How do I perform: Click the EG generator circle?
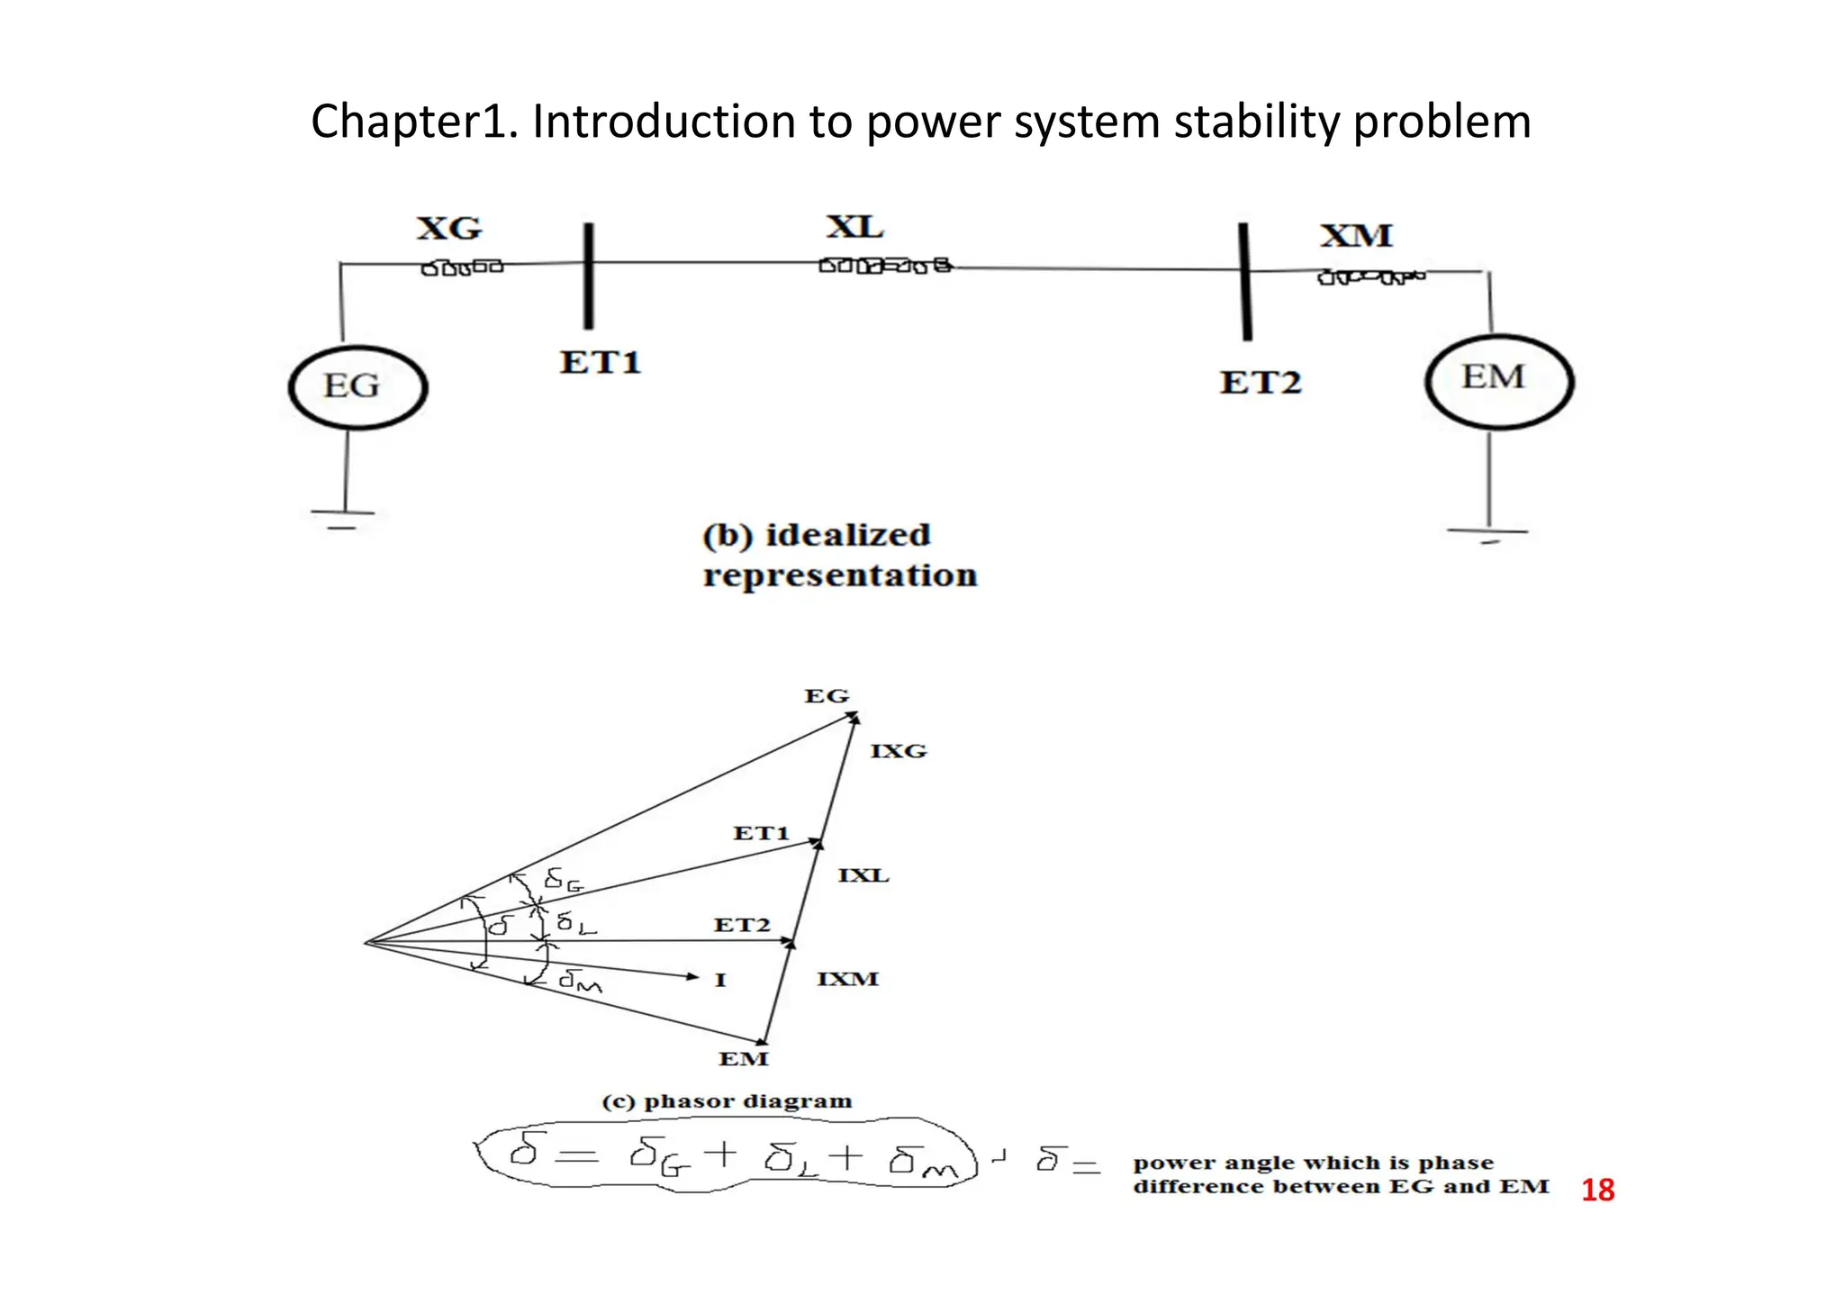pos(357,387)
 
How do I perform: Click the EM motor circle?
pos(1498,381)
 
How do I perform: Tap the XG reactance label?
pos(448,229)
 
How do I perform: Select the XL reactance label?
pos(854,227)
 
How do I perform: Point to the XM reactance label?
pos(1356,236)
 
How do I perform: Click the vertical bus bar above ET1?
pos(588,276)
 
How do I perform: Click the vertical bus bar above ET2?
pos(1244,281)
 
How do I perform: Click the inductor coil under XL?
pos(884,266)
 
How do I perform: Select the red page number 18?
pos(1597,1191)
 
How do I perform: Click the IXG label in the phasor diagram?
pos(898,751)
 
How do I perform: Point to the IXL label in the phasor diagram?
pos(863,875)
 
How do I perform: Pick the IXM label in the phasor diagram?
pos(847,979)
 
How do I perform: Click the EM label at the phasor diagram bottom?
pos(743,1059)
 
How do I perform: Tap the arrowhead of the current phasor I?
pos(692,976)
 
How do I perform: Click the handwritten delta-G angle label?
pos(564,879)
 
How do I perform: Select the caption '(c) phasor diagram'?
pos(727,1101)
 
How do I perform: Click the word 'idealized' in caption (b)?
pos(847,535)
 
